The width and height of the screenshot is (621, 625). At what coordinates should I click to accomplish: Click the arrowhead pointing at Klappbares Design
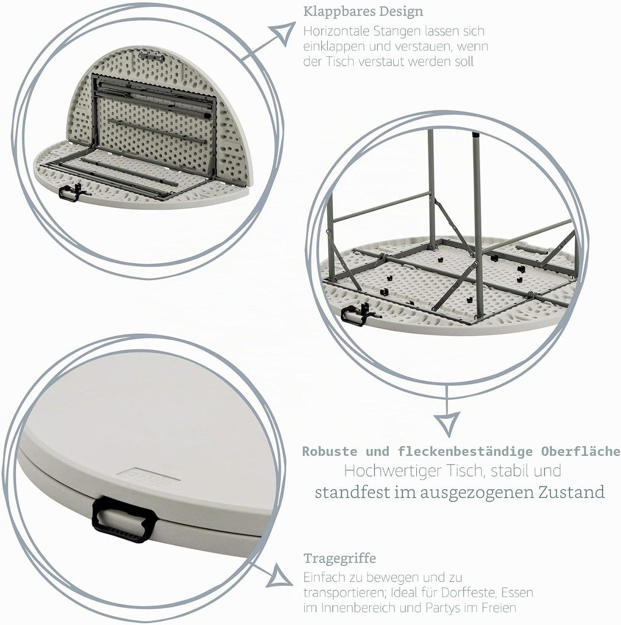[x=282, y=33]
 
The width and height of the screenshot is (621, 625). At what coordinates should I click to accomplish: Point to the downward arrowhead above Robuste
[x=446, y=423]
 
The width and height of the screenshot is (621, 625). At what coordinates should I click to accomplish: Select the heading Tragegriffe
[x=340, y=559]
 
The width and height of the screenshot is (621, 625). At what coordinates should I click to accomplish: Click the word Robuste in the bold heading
[x=329, y=451]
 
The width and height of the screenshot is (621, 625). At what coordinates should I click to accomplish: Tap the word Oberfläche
[x=580, y=451]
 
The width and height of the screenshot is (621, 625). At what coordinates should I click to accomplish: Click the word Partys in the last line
[x=445, y=608]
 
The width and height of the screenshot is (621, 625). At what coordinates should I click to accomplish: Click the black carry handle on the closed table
[x=124, y=519]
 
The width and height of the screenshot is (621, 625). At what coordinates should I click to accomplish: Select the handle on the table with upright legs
[x=356, y=314]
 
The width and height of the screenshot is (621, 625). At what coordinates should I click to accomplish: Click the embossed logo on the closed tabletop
[x=147, y=477]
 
